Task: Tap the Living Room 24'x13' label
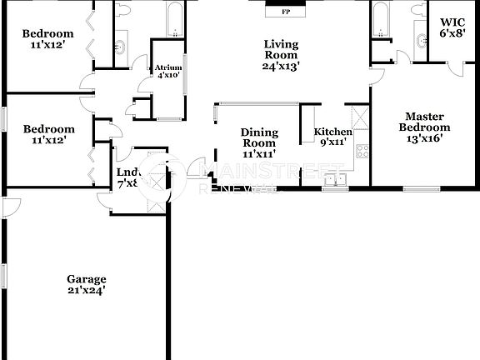[x=282, y=54]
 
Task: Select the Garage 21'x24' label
[x=87, y=285]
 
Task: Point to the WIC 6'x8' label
[x=452, y=30]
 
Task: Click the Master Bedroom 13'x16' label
[x=427, y=127]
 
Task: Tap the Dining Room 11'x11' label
[x=258, y=142]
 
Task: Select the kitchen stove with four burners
[x=362, y=151]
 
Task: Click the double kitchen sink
[x=336, y=177]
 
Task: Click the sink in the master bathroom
[x=418, y=37]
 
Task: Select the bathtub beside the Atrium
[x=175, y=20]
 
